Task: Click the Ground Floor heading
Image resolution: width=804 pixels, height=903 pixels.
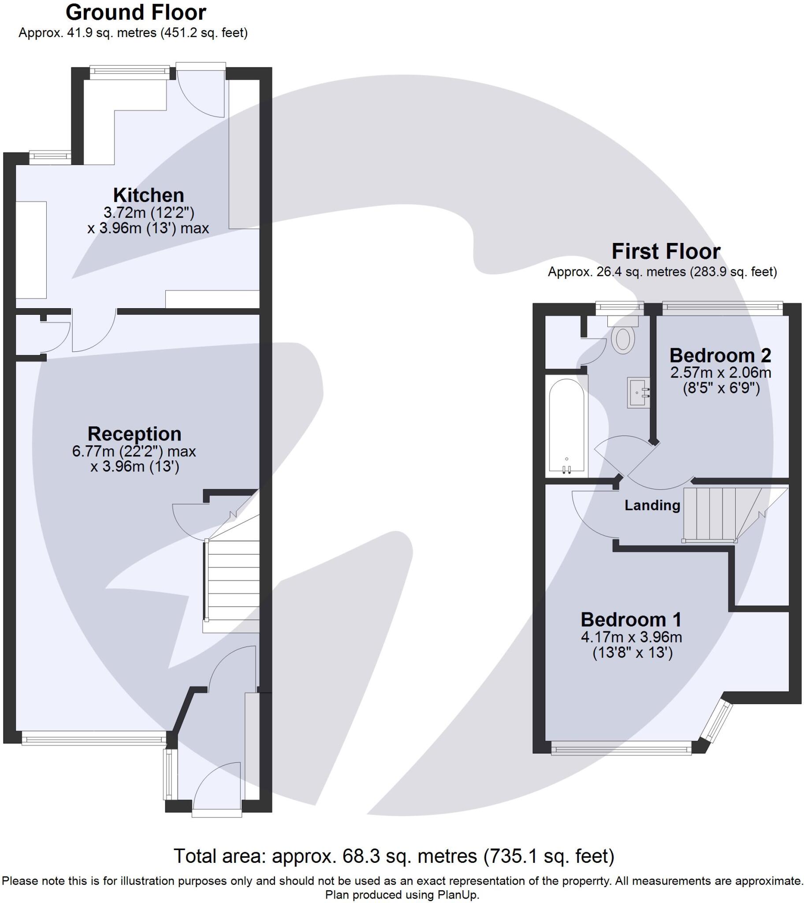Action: [x=136, y=13]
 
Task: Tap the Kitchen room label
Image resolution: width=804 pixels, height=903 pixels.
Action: [x=149, y=195]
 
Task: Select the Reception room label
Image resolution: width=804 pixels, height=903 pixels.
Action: [x=134, y=434]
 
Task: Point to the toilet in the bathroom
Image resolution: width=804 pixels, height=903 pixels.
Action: [x=623, y=340]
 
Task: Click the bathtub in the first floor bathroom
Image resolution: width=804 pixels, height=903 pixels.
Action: [x=566, y=427]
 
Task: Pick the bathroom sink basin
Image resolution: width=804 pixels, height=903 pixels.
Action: [x=638, y=392]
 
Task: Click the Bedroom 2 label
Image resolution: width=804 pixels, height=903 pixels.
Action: [x=720, y=356]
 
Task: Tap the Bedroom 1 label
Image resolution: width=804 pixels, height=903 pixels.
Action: [x=631, y=620]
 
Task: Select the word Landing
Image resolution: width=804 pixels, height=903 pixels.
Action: [x=652, y=505]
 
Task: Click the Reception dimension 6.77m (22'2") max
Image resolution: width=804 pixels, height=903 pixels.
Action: [x=134, y=451]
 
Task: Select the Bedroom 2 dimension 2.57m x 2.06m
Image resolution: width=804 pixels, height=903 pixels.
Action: [x=721, y=373]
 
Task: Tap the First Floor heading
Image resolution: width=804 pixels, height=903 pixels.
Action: [x=666, y=252]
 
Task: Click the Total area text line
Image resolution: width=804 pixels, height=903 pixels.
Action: [x=394, y=856]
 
